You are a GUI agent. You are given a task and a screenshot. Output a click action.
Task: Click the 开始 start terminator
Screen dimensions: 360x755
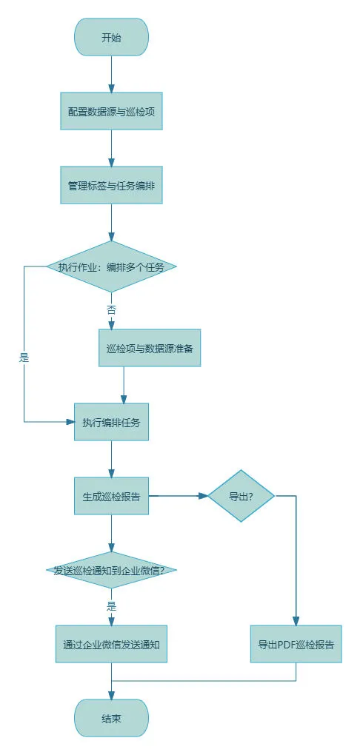(x=111, y=38)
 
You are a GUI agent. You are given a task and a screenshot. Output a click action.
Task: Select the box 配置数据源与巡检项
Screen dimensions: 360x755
(x=111, y=111)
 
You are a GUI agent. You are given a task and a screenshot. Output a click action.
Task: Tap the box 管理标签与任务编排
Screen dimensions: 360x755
(x=111, y=185)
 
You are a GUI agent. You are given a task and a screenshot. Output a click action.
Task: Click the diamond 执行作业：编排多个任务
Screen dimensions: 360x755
(x=111, y=266)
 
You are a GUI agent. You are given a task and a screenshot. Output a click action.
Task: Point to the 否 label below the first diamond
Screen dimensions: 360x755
(x=111, y=310)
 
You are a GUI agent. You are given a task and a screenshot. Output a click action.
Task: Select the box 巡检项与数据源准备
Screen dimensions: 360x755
(x=150, y=348)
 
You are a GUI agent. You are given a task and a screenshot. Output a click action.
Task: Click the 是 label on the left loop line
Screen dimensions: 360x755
(x=24, y=358)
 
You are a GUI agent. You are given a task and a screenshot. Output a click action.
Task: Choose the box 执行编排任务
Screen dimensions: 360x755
(x=111, y=422)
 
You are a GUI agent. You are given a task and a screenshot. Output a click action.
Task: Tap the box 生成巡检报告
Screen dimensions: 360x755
(x=111, y=497)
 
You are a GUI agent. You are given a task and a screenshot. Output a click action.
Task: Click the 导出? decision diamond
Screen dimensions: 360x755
(x=241, y=496)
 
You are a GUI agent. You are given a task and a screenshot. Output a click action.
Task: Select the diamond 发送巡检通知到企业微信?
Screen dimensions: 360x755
(x=111, y=570)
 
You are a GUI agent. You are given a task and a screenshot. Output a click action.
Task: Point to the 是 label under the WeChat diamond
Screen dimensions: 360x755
(x=111, y=606)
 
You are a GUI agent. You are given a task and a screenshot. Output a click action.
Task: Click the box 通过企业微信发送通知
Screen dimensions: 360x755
(x=111, y=644)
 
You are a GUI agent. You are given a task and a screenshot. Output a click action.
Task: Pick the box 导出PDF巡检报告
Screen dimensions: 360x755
(x=296, y=644)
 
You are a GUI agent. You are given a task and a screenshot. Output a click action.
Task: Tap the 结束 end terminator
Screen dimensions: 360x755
(x=111, y=719)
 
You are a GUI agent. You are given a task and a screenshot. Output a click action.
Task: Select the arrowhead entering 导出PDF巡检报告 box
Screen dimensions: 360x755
(x=296, y=621)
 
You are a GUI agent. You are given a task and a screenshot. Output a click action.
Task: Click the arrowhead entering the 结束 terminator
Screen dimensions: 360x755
(x=111, y=695)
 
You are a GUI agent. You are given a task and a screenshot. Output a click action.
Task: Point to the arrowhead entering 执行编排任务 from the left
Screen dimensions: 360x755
(x=70, y=422)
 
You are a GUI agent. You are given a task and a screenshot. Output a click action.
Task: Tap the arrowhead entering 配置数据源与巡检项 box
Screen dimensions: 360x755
(x=111, y=88)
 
